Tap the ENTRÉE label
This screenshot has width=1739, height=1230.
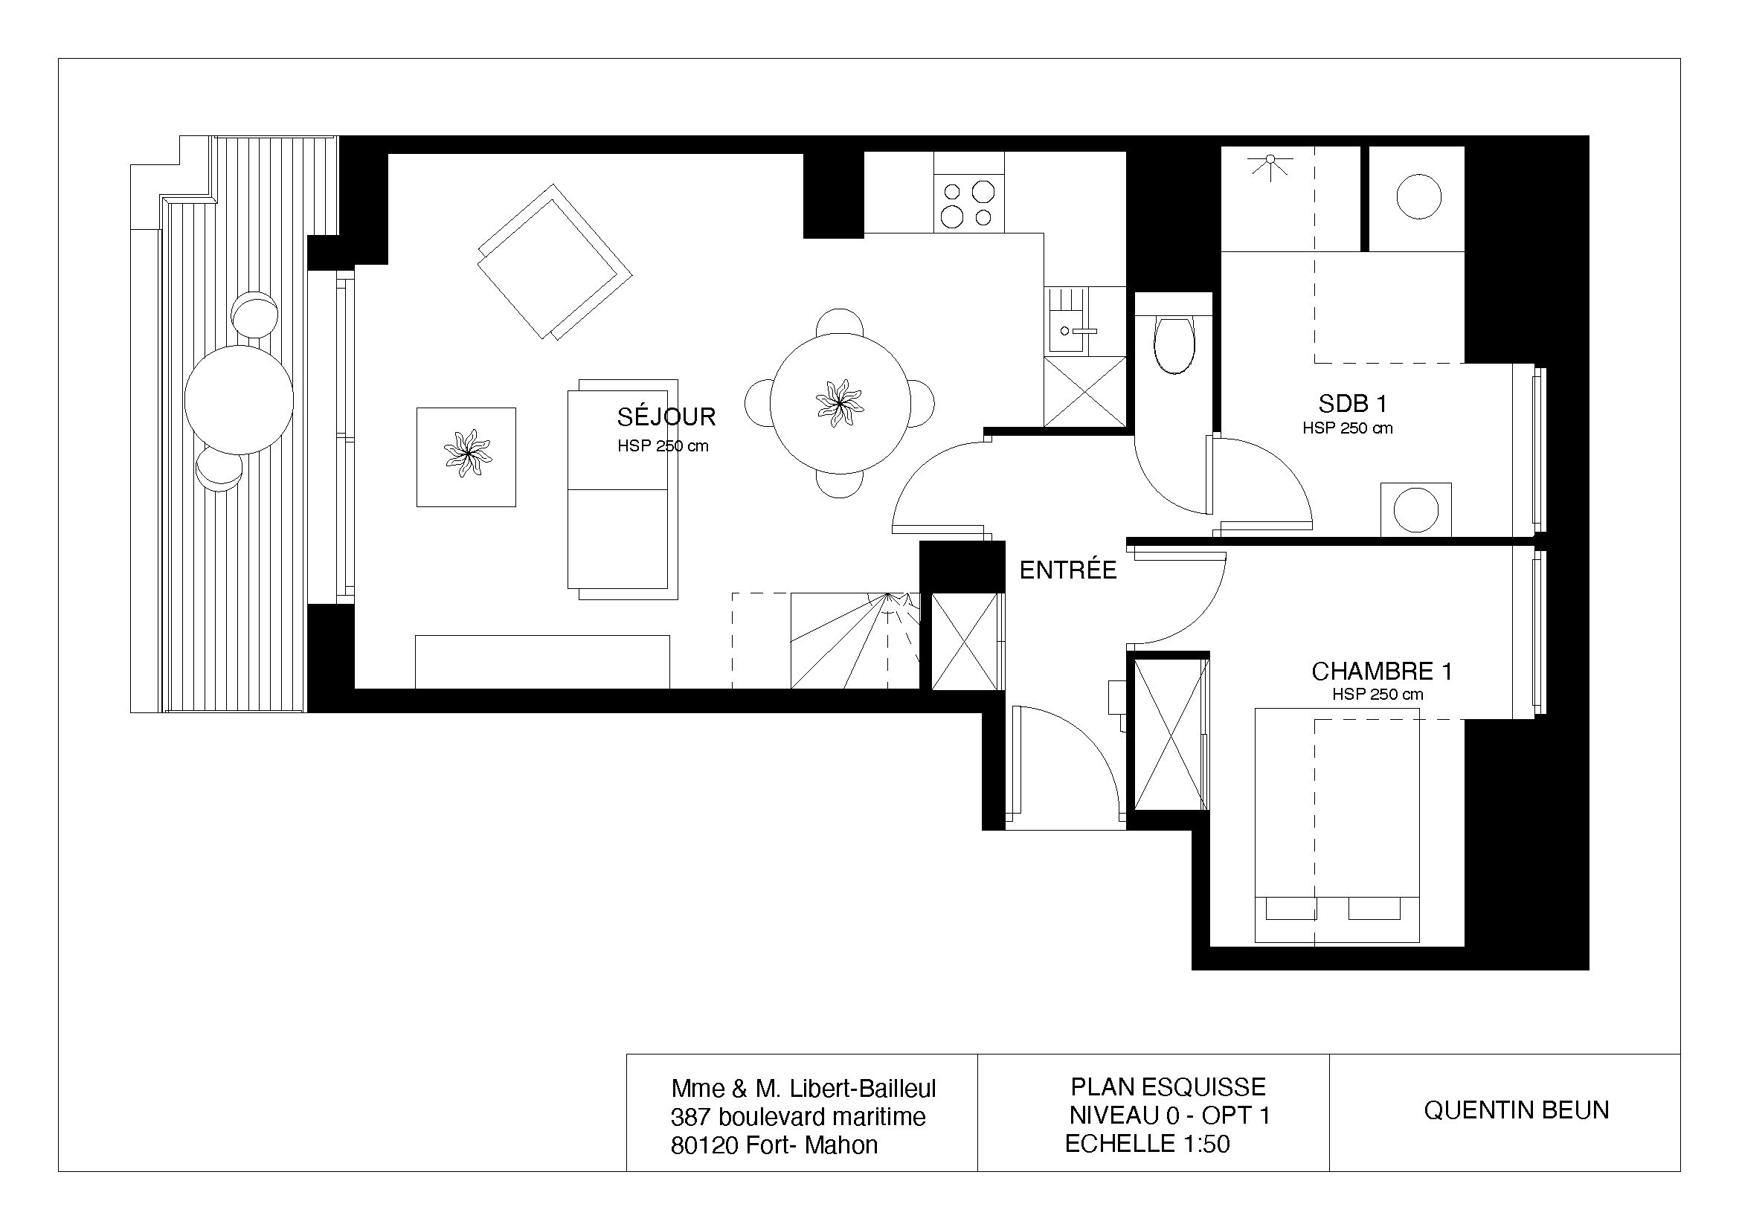[x=1068, y=570]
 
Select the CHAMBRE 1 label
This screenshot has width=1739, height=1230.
[x=1382, y=671]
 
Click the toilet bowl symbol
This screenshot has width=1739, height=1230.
[x=1174, y=342]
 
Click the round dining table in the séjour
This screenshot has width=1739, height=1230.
[x=840, y=403]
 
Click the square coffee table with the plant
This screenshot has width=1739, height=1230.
[x=466, y=457]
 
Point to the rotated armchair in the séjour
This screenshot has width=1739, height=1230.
[x=554, y=261]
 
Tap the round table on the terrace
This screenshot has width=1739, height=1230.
[x=239, y=400]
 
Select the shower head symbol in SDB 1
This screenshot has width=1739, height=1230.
[x=1271, y=164]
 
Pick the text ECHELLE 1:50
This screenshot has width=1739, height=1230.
[x=1148, y=1143]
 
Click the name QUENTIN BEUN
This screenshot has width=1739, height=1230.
[x=1517, y=1110]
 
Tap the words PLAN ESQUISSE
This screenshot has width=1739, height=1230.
[x=1168, y=1087]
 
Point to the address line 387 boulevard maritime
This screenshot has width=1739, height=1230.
[x=798, y=1116]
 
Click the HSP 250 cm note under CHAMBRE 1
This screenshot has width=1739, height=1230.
[x=1378, y=695]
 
